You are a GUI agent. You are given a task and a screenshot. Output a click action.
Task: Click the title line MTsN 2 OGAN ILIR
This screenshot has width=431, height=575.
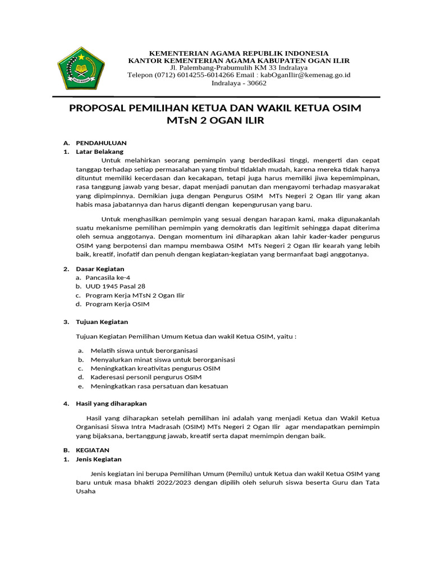pyautogui.click(x=215, y=121)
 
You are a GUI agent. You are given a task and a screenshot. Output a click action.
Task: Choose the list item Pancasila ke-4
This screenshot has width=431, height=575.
pyautogui.click(x=108, y=277)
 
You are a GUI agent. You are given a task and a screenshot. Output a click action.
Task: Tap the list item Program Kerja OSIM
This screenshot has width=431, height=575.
pyautogui.click(x=117, y=304)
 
